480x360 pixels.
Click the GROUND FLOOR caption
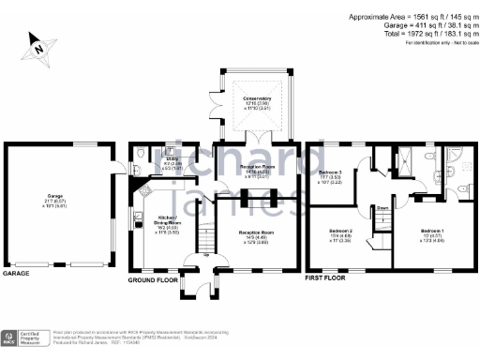(x=154, y=279)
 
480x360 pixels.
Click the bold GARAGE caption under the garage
(x=17, y=274)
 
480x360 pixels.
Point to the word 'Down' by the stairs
(x=382, y=208)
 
